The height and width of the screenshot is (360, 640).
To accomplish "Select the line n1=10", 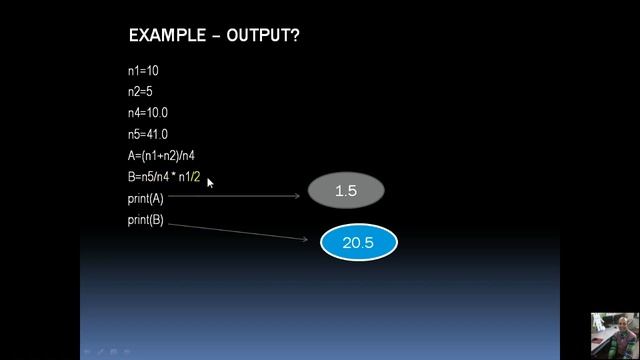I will click(x=143, y=71).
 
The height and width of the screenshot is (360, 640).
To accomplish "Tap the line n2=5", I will click(x=140, y=92).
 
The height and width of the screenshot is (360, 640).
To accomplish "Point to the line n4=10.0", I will click(x=148, y=113).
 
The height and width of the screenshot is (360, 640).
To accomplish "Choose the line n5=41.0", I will click(x=148, y=134).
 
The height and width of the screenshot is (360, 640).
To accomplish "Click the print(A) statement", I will click(x=145, y=198).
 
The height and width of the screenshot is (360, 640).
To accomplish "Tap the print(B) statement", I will click(x=145, y=219).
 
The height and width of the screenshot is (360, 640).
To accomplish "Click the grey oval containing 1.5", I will click(x=346, y=190).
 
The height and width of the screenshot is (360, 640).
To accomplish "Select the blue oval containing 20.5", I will click(x=359, y=243).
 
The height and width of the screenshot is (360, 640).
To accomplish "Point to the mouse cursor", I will click(x=210, y=182).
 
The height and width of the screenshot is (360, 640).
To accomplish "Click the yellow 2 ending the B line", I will click(x=197, y=177).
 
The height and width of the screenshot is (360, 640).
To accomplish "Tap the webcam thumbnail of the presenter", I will click(x=614, y=335).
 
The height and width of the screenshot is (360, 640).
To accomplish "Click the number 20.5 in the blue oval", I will click(x=359, y=243).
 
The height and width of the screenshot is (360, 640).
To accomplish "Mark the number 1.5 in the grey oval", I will click(x=346, y=190).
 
